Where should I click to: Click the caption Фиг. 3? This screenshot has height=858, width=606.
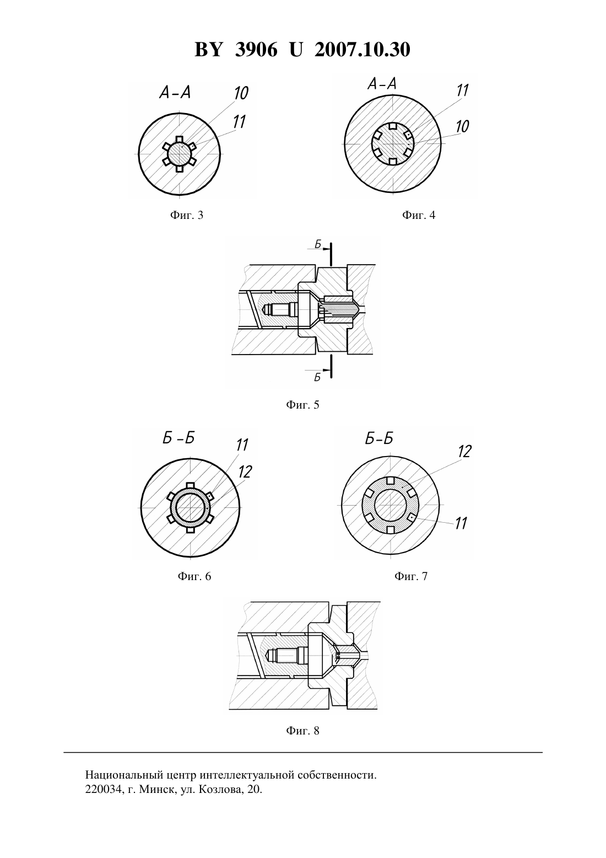186,215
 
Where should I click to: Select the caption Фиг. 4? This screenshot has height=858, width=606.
419,215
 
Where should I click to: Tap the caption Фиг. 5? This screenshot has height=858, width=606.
302,405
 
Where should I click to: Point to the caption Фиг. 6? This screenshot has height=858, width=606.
194,576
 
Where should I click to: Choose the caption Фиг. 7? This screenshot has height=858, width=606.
411,576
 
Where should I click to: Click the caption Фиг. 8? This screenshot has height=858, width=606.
302,731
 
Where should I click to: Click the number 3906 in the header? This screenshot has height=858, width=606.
256,50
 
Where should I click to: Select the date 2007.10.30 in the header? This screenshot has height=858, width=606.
362,50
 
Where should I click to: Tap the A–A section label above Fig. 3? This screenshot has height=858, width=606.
175,92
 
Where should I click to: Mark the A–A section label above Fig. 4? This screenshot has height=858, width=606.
382,83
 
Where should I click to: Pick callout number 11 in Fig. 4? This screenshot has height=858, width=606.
462,91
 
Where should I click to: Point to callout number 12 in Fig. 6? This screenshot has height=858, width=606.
245,472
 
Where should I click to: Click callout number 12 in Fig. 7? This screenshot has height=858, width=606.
464,452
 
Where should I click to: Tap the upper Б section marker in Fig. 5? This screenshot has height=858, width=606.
318,244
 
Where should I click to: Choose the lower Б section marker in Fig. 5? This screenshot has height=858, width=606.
317,378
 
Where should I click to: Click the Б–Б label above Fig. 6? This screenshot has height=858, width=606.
178,438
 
